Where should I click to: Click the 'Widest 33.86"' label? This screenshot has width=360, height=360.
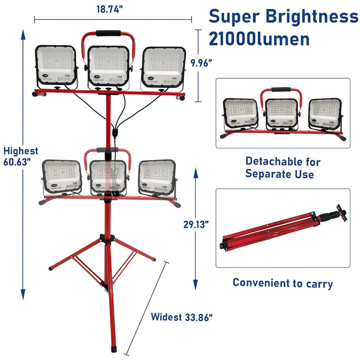tap(182, 317)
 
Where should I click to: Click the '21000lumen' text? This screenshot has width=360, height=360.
tap(259, 38)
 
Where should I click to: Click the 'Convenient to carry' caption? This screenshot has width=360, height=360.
tap(283, 283)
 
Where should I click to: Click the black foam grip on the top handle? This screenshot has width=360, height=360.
tap(107, 34)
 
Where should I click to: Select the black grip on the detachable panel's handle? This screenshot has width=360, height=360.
tap(280, 90)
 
